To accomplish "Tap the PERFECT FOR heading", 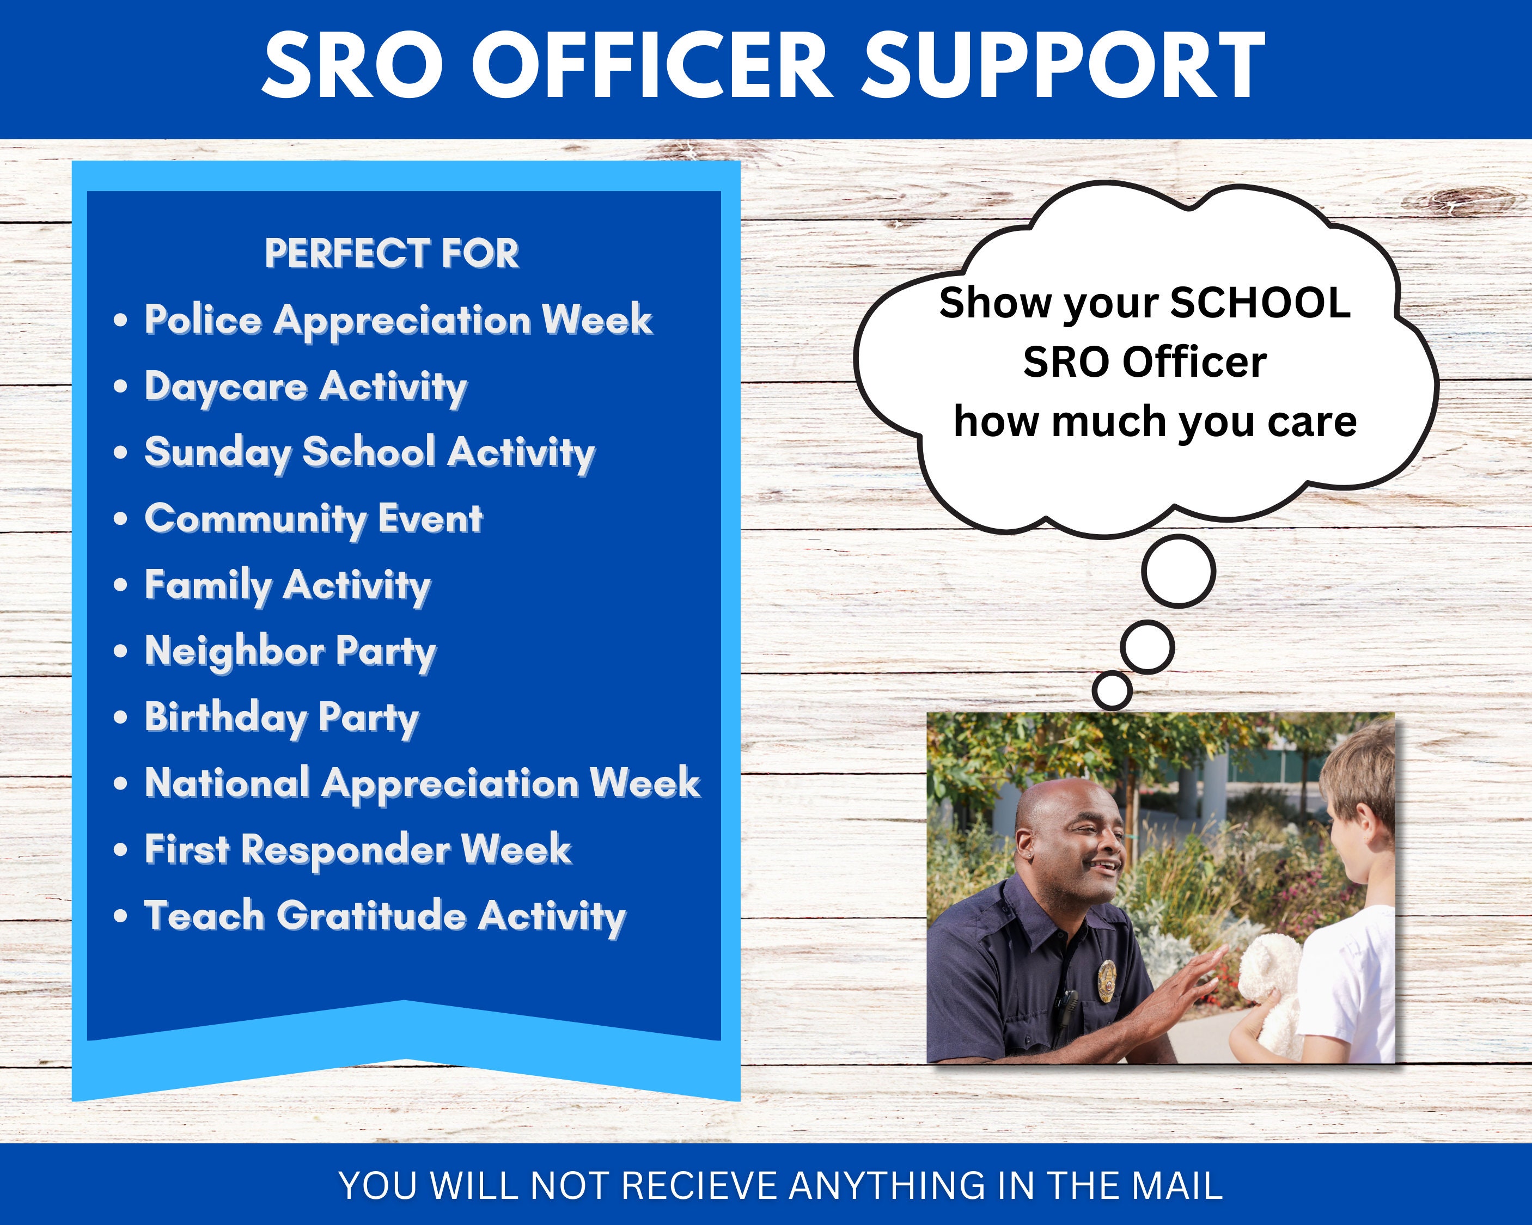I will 392,254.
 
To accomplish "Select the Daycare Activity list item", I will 306,387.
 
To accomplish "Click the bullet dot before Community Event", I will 121,519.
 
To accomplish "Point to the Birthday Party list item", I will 282,718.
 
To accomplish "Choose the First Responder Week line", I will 357,849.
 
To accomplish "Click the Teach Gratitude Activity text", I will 384,916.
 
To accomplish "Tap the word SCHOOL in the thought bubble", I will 1259,303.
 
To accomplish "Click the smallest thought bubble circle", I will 1112,689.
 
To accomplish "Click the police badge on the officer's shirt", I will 1106,971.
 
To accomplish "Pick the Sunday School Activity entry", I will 369,452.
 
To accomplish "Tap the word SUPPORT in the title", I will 1063,65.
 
